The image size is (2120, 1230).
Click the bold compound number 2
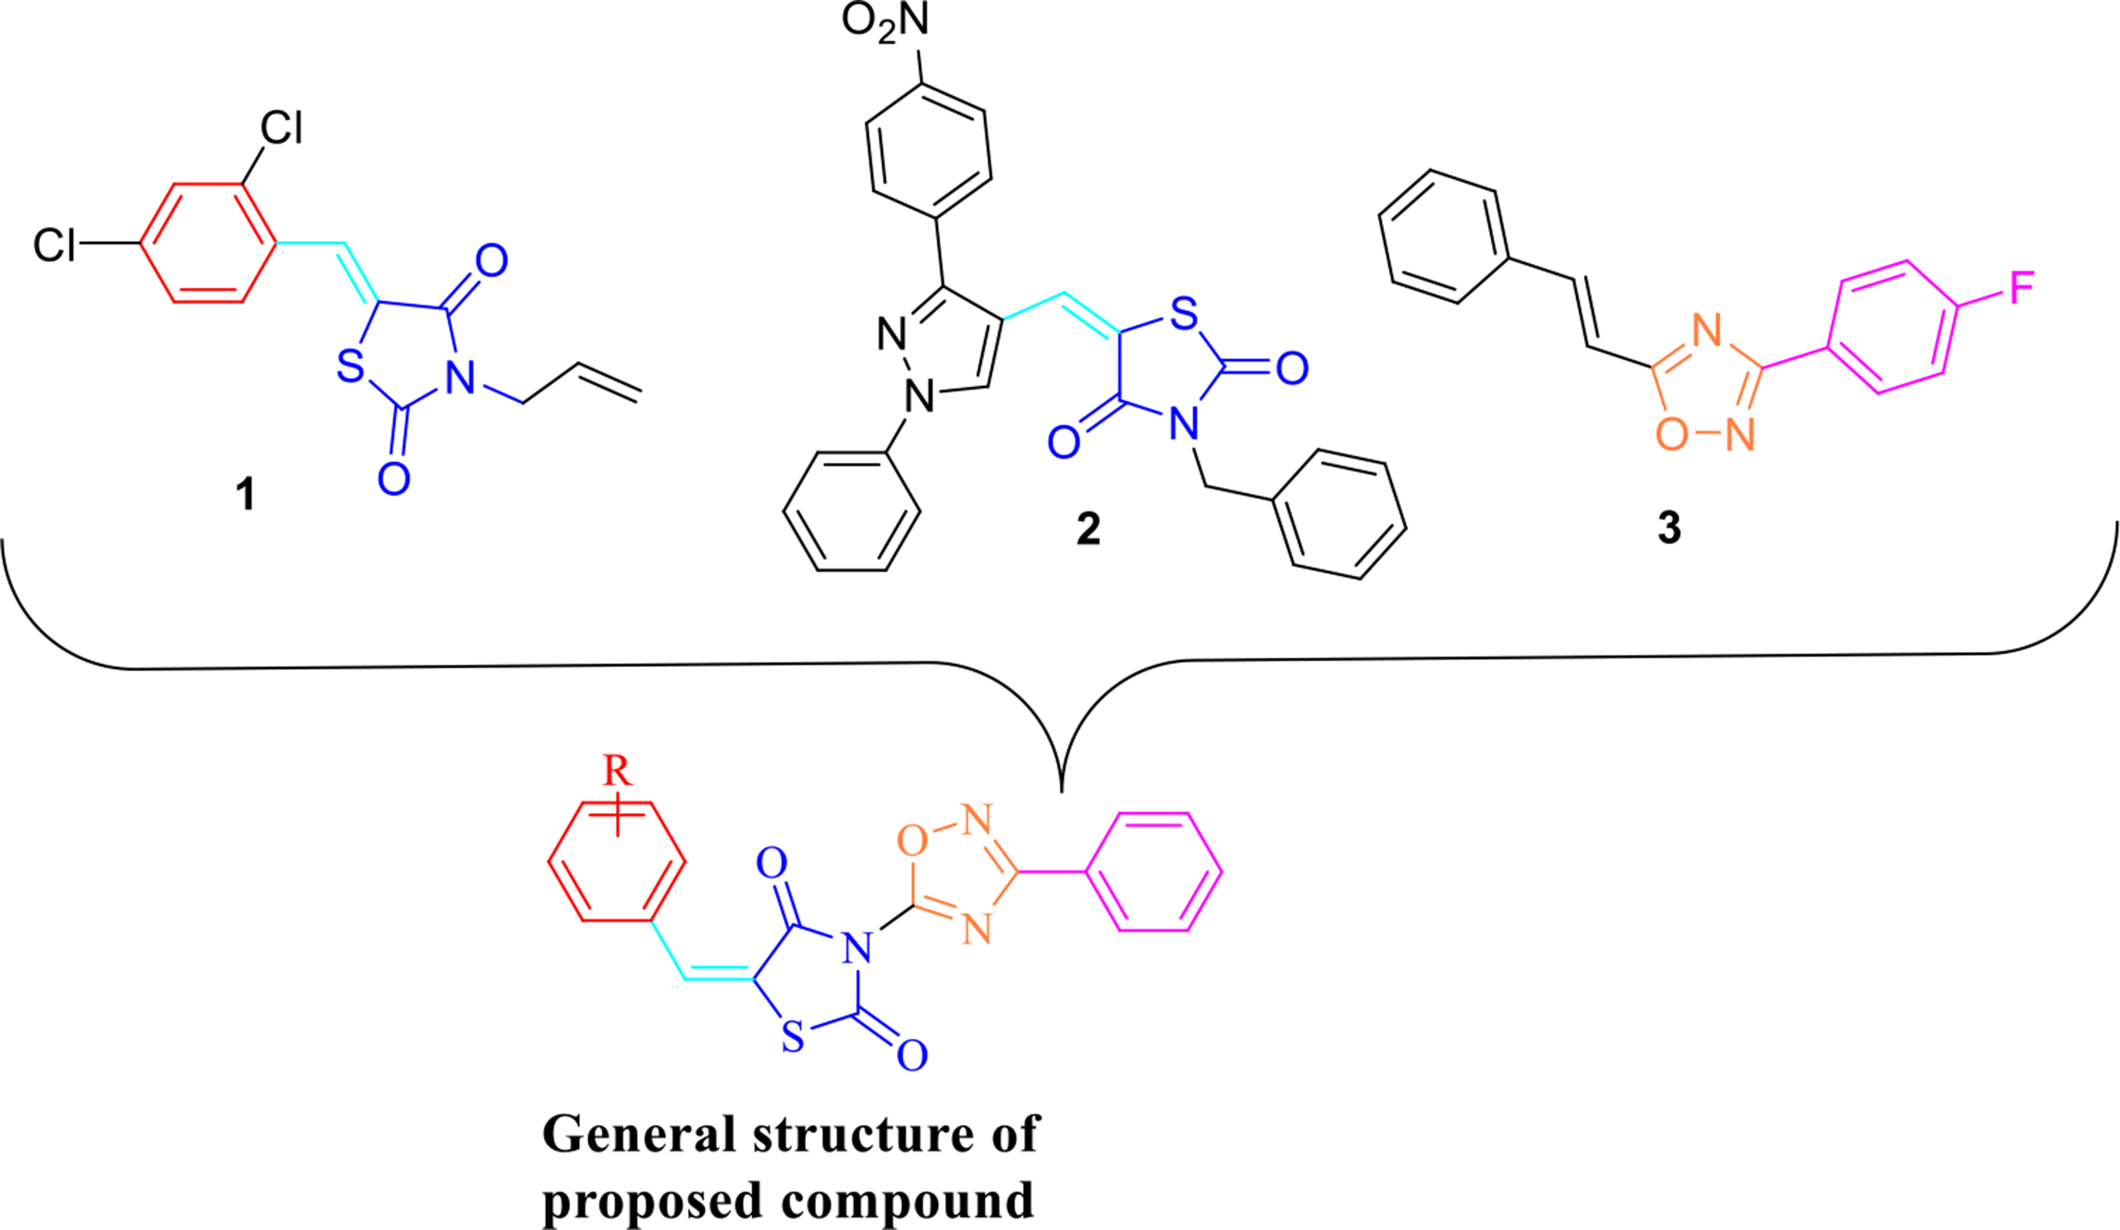pyautogui.click(x=1088, y=528)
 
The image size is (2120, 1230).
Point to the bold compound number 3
pyautogui.click(x=1669, y=528)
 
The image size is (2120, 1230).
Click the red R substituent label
pyautogui.click(x=617, y=770)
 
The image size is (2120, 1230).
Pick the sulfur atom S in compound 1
pyautogui.click(x=350, y=366)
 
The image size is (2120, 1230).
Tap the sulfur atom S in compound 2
pyautogui.click(x=1183, y=314)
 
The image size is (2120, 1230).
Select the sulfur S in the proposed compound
pyautogui.click(x=792, y=1037)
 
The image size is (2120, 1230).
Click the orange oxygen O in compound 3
pyautogui.click(x=1672, y=434)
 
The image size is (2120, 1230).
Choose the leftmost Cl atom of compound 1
pyautogui.click(x=54, y=245)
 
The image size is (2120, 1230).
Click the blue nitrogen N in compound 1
pyautogui.click(x=460, y=379)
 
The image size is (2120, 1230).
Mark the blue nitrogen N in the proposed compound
pyautogui.click(x=857, y=947)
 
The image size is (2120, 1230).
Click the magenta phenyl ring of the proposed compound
pyautogui.click(x=1153, y=872)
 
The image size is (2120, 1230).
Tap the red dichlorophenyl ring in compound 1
pyautogui.click(x=208, y=243)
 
